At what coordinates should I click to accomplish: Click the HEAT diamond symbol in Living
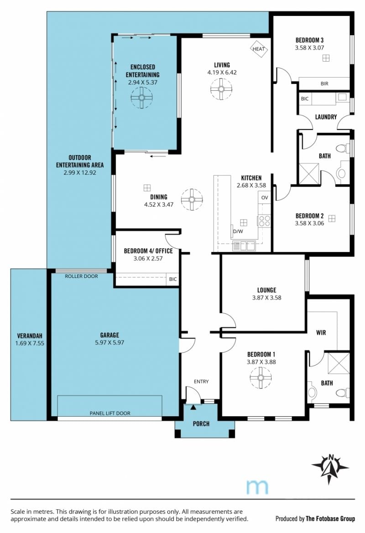tap(259, 49)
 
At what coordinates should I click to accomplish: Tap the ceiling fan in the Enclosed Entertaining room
tap(141, 98)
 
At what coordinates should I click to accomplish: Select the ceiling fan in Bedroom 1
tap(261, 378)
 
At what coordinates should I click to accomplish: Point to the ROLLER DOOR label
tap(81, 277)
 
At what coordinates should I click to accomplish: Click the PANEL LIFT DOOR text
tap(110, 413)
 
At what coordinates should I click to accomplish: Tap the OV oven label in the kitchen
tap(265, 198)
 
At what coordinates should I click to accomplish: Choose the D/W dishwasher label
tap(238, 232)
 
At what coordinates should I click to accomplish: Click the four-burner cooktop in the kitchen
tap(264, 221)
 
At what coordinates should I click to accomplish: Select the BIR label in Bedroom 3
tap(324, 83)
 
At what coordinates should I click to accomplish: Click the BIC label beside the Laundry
tap(305, 99)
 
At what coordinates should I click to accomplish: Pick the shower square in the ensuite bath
tap(339, 363)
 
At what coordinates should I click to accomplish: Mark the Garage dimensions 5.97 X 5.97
tap(109, 343)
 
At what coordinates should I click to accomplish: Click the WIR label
tap(321, 333)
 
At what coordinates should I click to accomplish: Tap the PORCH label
tap(201, 423)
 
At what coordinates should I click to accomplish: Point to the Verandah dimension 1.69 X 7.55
tap(30, 343)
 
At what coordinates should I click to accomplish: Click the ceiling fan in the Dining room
tap(192, 199)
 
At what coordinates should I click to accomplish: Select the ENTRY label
tap(201, 381)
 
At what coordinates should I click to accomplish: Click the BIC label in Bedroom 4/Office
tap(173, 279)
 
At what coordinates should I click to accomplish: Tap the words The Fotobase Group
tap(330, 518)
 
